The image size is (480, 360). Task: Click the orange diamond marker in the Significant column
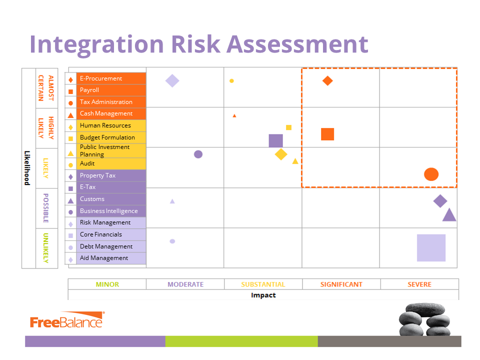327,80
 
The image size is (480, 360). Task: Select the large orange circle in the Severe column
431,174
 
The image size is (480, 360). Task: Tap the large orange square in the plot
327,134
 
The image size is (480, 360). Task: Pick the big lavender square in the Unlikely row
431,247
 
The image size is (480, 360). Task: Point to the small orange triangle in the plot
234,116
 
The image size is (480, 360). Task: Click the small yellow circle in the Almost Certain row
231,80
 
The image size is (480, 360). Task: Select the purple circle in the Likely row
198,154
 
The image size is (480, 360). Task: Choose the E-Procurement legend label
101,78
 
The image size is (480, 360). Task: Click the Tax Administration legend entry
106,102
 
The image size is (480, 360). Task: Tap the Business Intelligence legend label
108,211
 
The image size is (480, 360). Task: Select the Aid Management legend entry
104,258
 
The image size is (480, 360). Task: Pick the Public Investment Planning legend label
105,150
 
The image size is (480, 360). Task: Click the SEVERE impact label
419,284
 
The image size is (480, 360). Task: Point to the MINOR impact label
107,284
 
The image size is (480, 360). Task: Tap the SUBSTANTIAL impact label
263,284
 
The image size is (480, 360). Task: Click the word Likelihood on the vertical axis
27,168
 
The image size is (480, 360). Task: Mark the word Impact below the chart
263,295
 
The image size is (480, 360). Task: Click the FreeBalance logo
66,321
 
